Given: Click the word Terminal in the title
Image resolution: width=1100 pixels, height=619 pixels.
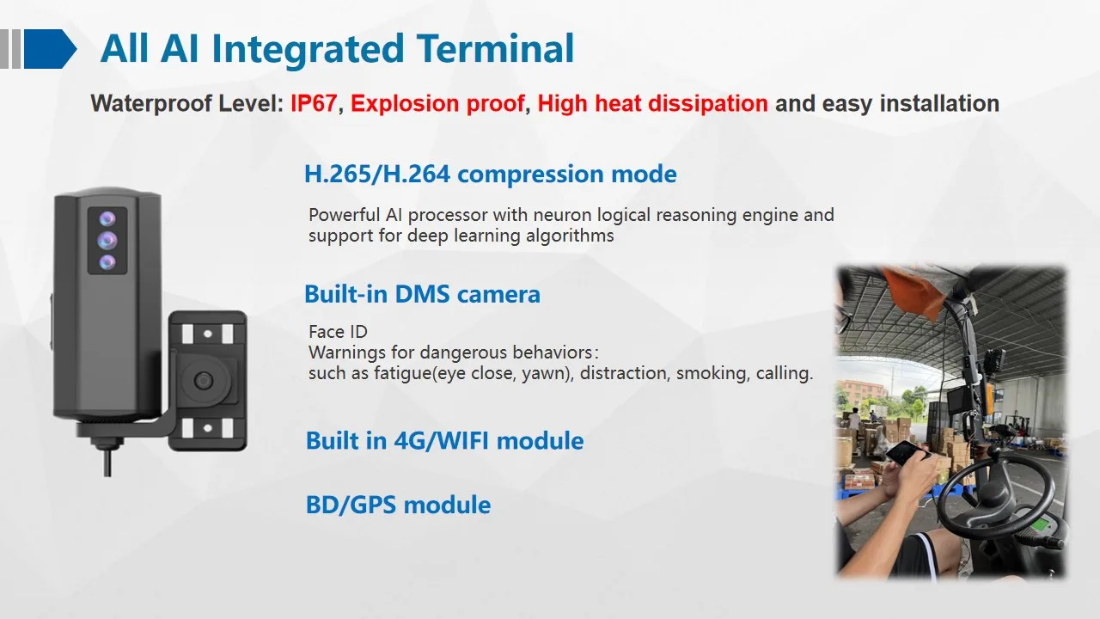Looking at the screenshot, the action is [495, 49].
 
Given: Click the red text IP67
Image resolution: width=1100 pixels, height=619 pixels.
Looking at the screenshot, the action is [314, 104].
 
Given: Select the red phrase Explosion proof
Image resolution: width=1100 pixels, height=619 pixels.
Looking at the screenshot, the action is [437, 104].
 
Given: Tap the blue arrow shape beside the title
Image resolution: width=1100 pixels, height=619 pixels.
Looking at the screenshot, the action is [50, 49].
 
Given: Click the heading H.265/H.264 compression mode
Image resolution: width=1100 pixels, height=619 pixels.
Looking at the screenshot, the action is [490, 175].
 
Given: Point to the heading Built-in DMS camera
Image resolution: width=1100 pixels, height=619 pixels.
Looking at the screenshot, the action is [422, 294].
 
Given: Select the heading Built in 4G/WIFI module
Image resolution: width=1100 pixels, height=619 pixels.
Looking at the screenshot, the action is [444, 441].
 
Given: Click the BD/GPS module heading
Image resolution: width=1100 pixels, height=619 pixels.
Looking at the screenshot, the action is [398, 505].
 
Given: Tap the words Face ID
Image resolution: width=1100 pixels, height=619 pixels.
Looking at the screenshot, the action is [338, 332].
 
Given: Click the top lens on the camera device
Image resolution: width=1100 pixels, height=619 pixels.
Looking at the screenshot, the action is [107, 218].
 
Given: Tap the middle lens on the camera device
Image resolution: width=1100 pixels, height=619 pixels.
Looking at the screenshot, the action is [107, 240].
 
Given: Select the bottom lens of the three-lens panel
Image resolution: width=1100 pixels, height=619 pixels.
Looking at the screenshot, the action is [107, 262].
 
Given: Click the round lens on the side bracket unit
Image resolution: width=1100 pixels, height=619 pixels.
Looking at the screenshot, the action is [204, 380].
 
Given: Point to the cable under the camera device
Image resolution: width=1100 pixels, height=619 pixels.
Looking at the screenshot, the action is [107, 461].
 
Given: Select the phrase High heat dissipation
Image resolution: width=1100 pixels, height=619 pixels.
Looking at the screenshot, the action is [652, 104].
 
